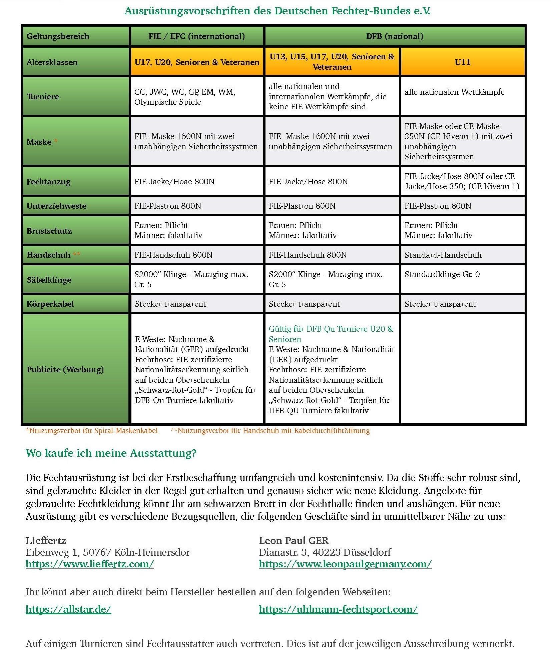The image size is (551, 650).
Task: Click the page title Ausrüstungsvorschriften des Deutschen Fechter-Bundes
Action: (x=277, y=11)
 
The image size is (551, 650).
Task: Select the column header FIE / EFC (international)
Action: (x=196, y=36)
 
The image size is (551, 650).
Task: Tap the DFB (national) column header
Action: (x=395, y=36)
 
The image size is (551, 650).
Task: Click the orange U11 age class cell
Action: (x=463, y=62)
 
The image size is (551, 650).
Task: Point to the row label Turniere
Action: (x=43, y=97)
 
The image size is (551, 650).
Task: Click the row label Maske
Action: (x=39, y=142)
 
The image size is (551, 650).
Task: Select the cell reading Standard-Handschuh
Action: (x=443, y=255)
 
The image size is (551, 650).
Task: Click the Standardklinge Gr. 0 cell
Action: (x=442, y=274)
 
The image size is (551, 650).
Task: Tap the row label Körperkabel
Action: (x=50, y=304)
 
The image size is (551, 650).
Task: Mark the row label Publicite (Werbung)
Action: (x=65, y=369)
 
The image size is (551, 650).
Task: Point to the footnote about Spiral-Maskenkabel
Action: (x=92, y=431)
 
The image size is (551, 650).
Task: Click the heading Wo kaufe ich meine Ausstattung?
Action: (x=111, y=453)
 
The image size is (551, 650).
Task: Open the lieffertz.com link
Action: (x=90, y=564)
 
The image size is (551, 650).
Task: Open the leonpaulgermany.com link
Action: (x=345, y=564)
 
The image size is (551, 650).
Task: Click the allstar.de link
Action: (x=68, y=609)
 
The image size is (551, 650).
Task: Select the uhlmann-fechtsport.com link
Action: (x=338, y=609)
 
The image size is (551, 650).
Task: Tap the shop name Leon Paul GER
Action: (x=294, y=540)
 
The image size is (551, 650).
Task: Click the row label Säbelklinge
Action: (x=49, y=280)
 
